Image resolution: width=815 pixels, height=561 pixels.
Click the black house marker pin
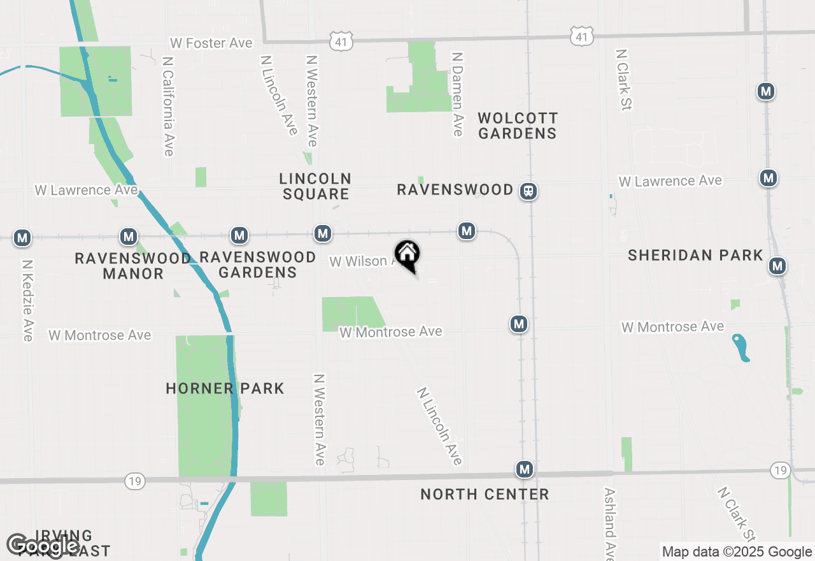[x=407, y=255]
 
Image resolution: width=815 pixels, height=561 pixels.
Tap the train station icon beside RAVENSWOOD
[x=528, y=191]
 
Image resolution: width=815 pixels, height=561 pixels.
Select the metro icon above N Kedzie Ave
[x=23, y=238]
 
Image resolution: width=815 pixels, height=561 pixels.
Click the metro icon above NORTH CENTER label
[x=525, y=470]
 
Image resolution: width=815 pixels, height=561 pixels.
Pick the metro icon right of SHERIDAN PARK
[x=777, y=266]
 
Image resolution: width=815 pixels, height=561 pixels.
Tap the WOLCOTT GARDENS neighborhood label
[x=518, y=126]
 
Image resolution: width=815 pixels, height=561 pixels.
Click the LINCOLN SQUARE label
[x=316, y=186]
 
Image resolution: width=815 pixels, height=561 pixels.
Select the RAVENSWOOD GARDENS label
[x=258, y=265]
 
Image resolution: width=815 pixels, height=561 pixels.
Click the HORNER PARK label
[x=225, y=388]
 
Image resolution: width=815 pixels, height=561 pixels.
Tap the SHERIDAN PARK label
[x=695, y=255]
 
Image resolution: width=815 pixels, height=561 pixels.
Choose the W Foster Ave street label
[x=211, y=43]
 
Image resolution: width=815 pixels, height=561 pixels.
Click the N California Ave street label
[x=168, y=106]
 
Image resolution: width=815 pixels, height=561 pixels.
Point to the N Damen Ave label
[x=457, y=94]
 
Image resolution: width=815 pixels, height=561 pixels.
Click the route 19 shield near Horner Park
[x=134, y=481]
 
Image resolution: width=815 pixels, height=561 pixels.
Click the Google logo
[x=43, y=546]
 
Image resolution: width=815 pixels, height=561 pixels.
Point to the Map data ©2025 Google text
[x=737, y=552]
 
